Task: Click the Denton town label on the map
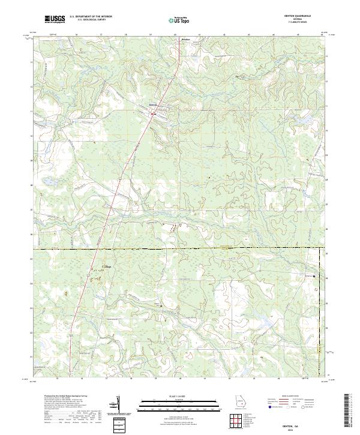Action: click(152, 106)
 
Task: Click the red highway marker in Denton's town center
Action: click(154, 112)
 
